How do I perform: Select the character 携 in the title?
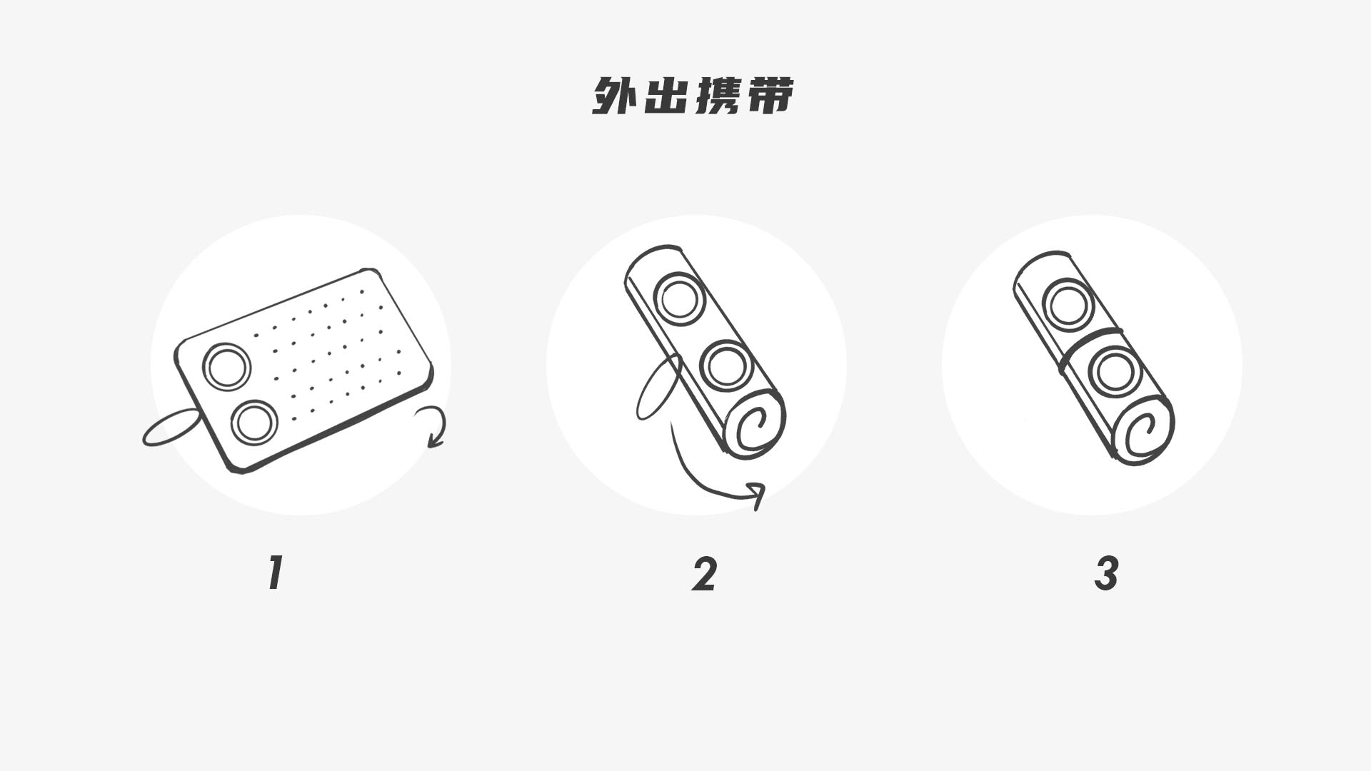718,96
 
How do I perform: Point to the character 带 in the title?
769,96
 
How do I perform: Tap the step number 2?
704,574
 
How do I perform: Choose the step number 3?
1106,574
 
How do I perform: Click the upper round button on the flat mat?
227,366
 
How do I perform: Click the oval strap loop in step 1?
171,428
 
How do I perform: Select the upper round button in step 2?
678,299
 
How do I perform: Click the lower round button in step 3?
1115,372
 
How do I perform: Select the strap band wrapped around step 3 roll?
1090,346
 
